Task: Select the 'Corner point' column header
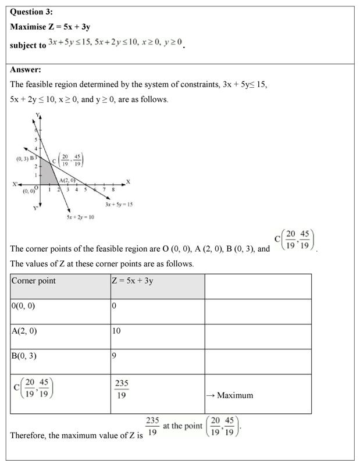point(34,281)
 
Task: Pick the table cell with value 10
point(117,331)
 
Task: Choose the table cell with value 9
point(115,355)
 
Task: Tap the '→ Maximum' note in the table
point(230,395)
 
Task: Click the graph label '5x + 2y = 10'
point(80,217)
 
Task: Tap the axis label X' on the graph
point(16,185)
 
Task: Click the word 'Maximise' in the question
point(29,27)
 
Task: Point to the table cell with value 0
point(115,306)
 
